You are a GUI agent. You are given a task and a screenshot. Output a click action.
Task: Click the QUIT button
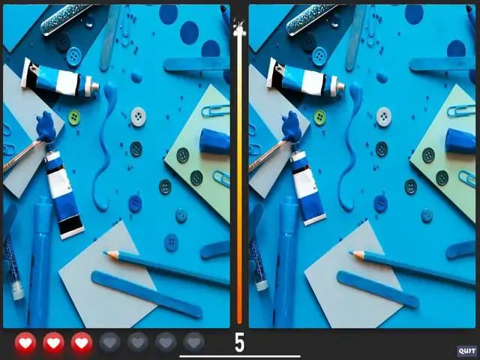(x=467, y=351)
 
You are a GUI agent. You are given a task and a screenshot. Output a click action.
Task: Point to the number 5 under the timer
(x=239, y=343)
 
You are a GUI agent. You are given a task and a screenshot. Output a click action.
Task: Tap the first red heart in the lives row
(x=25, y=343)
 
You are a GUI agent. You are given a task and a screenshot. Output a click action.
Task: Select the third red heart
(x=82, y=343)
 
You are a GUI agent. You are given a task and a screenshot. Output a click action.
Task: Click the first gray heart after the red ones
(x=109, y=343)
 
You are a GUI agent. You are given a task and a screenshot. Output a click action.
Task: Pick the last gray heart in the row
(x=194, y=343)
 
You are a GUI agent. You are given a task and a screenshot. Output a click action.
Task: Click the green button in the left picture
(x=74, y=118)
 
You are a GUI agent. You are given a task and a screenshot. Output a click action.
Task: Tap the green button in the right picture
(x=320, y=118)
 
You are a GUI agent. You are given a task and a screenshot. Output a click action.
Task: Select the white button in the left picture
(x=138, y=117)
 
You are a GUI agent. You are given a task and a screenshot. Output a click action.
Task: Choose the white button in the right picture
(x=384, y=117)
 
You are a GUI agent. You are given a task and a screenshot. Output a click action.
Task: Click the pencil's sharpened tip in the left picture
(x=105, y=253)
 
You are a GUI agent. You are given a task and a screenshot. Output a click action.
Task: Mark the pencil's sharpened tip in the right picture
(x=350, y=253)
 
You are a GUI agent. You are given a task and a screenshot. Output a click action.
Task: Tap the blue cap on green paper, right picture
(x=460, y=141)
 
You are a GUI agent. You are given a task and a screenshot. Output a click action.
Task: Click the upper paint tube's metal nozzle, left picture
(x=95, y=87)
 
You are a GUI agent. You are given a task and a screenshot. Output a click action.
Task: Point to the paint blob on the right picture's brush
(x=292, y=127)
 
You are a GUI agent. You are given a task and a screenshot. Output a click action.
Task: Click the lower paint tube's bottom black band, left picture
(x=71, y=225)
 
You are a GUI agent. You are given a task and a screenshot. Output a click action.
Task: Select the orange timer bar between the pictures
(x=239, y=178)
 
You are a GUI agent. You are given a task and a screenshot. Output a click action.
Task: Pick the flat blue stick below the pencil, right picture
(x=378, y=289)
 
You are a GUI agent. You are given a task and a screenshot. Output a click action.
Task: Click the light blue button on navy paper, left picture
(x=73, y=57)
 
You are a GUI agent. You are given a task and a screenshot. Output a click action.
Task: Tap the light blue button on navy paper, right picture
(x=319, y=57)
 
